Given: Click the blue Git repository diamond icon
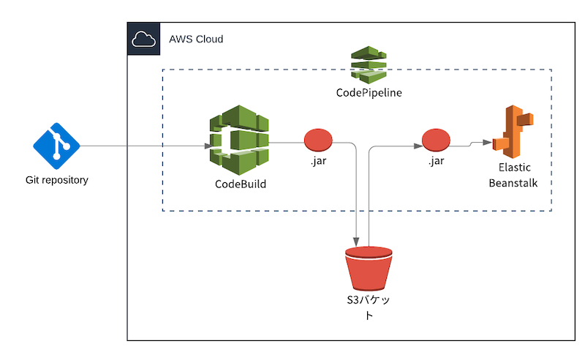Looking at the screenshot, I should [x=56, y=146].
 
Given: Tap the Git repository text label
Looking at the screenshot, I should [x=56, y=180].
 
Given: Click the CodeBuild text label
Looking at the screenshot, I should [x=241, y=184].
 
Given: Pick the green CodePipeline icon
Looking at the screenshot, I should [x=369, y=64].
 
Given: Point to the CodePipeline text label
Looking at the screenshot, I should [x=369, y=93].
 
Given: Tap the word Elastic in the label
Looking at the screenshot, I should [x=513, y=168].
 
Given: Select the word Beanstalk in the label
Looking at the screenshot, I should [x=513, y=183].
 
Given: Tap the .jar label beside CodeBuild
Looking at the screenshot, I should [x=318, y=160].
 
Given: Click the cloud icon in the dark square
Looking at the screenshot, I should [x=143, y=40].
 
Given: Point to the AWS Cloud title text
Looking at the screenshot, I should [x=196, y=39].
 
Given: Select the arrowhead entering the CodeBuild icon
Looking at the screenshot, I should [x=209, y=146].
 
